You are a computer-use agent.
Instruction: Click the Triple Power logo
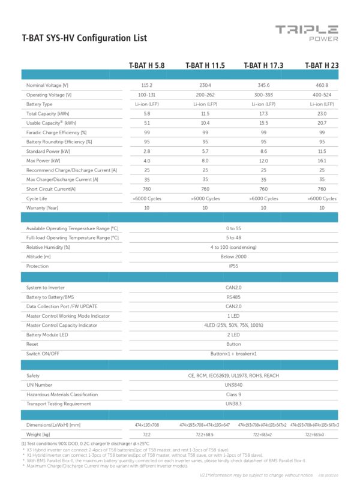pyautogui.click(x=307, y=33)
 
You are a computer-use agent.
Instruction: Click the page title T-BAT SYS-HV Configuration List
pyautogui.click(x=84, y=38)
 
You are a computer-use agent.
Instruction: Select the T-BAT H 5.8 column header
pyautogui.click(x=146, y=65)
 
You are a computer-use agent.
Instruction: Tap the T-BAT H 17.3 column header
pyautogui.click(x=263, y=65)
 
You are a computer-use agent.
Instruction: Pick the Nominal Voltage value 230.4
pyautogui.click(x=205, y=86)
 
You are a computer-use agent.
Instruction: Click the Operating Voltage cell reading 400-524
pyautogui.click(x=322, y=95)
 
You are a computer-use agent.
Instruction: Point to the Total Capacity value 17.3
pyautogui.click(x=263, y=114)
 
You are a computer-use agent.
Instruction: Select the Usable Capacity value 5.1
pyautogui.click(x=146, y=123)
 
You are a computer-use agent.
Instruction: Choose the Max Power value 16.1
pyautogui.click(x=322, y=161)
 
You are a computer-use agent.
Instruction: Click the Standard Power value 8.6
pyautogui.click(x=263, y=151)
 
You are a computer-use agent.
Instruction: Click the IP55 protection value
pyautogui.click(x=234, y=266)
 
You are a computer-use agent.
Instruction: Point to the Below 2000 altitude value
pyautogui.click(x=234, y=257)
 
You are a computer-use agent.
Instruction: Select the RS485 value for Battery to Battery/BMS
pyautogui.click(x=234, y=297)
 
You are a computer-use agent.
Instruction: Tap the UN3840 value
pyautogui.click(x=234, y=385)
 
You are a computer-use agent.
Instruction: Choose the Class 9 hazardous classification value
pyautogui.click(x=234, y=394)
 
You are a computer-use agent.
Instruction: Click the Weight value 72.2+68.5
pyautogui.click(x=205, y=434)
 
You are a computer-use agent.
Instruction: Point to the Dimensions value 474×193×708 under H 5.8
pyautogui.click(x=146, y=424)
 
